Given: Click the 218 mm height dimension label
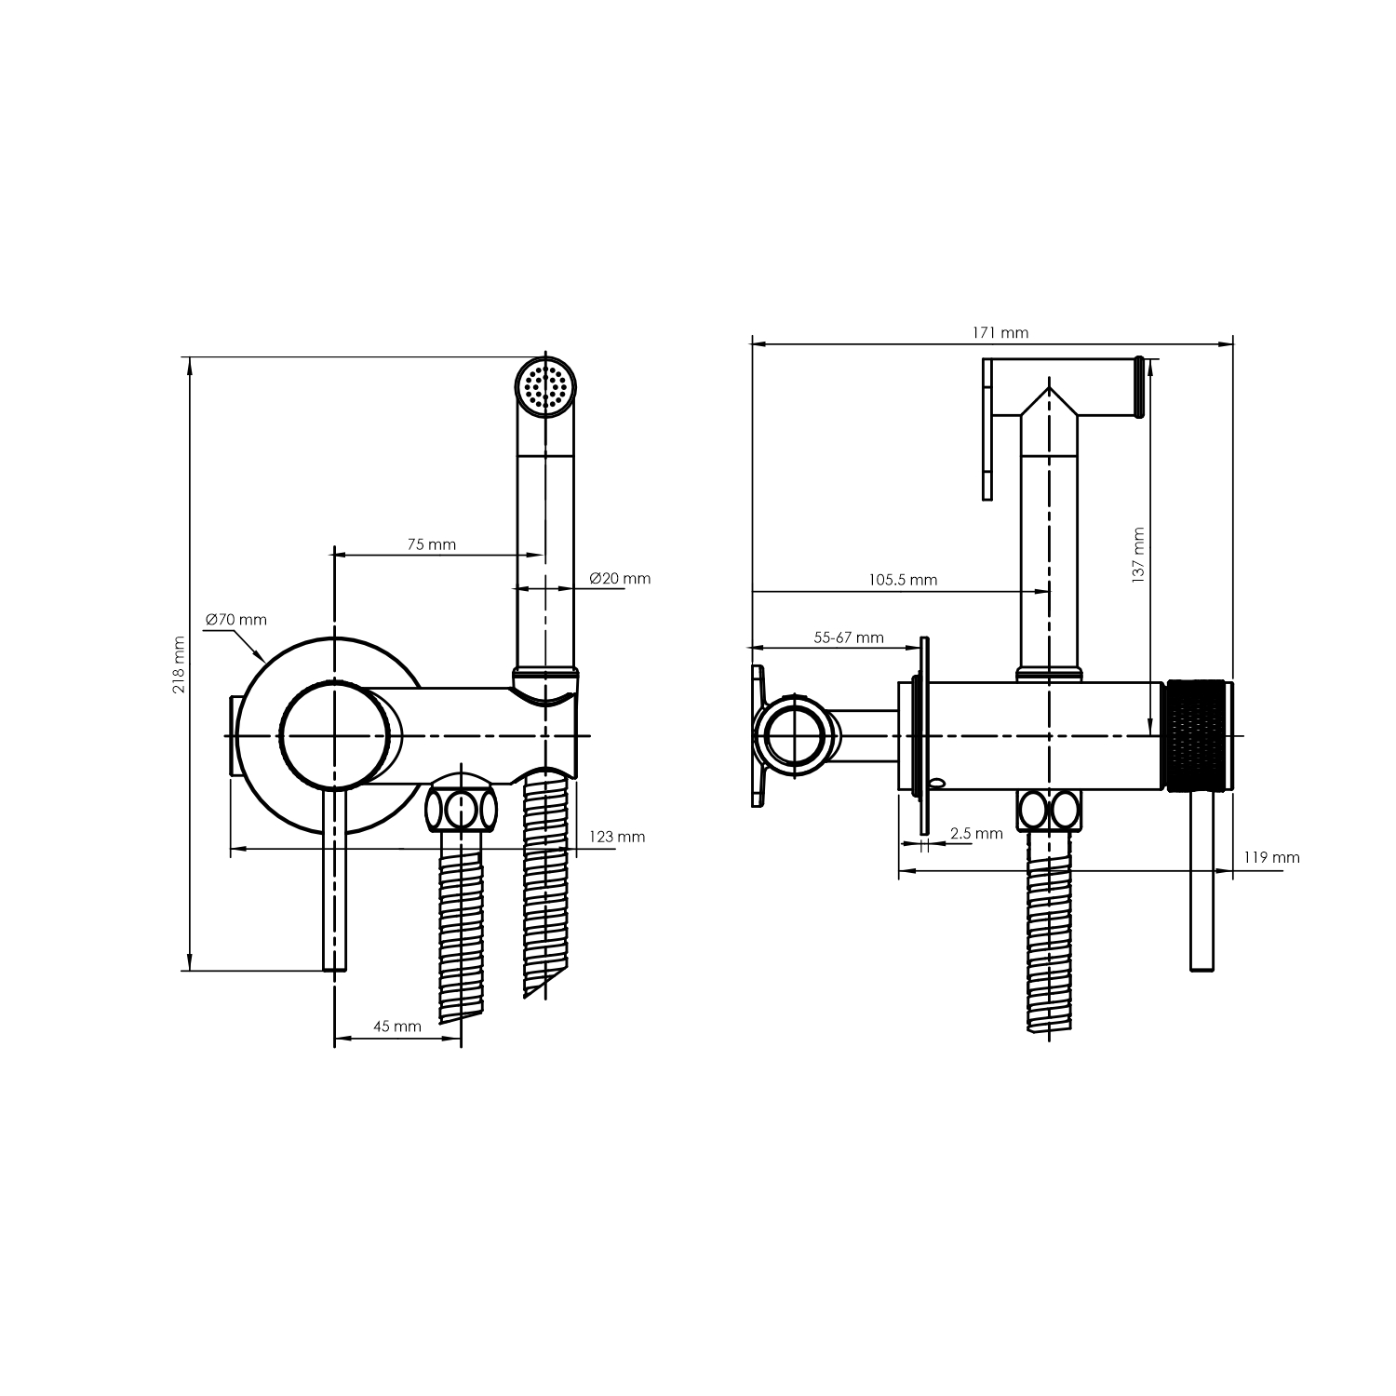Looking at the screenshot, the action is click(x=179, y=664).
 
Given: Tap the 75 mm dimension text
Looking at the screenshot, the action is click(x=432, y=544).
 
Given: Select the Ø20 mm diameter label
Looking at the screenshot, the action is click(x=620, y=578).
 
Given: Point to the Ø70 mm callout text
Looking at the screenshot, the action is click(x=235, y=619).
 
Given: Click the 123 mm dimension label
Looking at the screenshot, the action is click(x=617, y=837).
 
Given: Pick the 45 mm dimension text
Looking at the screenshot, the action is click(x=397, y=1027).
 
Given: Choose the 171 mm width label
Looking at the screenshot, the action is click(x=1001, y=332).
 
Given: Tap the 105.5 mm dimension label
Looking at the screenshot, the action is click(x=903, y=580).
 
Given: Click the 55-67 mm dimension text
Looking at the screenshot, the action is click(x=849, y=638).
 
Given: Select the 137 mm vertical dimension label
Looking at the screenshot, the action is click(x=1138, y=556).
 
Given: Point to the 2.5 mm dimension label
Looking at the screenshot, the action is click(x=976, y=833).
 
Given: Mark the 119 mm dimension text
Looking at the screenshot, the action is click(x=1271, y=857).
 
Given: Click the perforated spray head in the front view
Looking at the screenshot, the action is click(x=546, y=386).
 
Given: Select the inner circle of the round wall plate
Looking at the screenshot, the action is click(x=333, y=735).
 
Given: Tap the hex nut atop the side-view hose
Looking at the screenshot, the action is click(x=1050, y=810).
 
